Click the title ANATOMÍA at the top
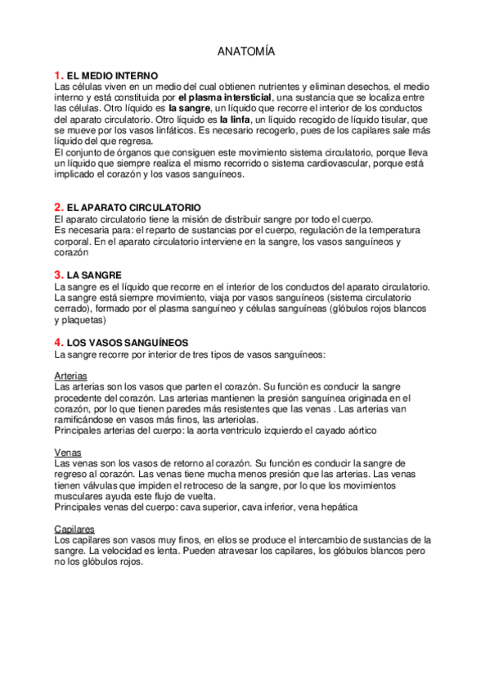(x=246, y=52)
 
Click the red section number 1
(x=58, y=75)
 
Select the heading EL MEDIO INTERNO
(x=113, y=75)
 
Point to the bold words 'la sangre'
(x=189, y=108)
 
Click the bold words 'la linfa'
(x=234, y=119)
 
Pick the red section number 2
(x=58, y=208)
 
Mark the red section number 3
(x=58, y=274)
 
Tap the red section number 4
(x=58, y=341)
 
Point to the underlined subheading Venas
(x=67, y=452)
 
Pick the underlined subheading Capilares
(x=74, y=530)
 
